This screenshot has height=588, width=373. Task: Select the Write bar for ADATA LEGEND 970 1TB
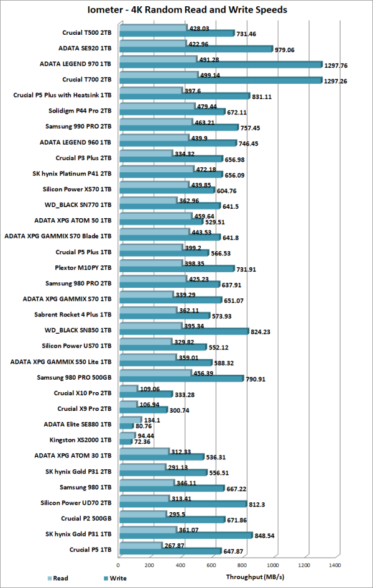pyautogui.click(x=220, y=64)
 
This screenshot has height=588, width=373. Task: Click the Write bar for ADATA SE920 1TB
pyautogui.click(x=195, y=48)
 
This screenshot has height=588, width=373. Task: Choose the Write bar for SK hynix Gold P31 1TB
pyautogui.click(x=185, y=535)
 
